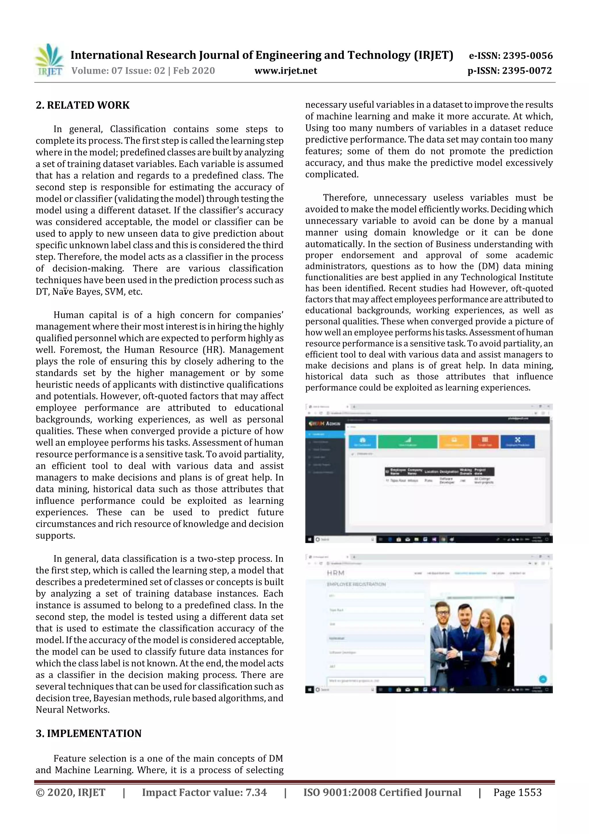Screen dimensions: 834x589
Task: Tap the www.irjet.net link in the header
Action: [286, 71]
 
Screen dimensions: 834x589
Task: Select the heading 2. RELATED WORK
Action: [83, 105]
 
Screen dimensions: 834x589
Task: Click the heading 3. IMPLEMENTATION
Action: [89, 733]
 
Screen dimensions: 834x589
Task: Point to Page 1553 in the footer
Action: [517, 792]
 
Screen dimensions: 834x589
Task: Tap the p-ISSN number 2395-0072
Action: [527, 71]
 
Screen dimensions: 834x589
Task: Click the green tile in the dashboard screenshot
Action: [408, 441]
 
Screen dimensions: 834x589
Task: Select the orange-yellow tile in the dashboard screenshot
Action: [454, 441]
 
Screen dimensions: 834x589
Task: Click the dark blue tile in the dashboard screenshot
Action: [517, 441]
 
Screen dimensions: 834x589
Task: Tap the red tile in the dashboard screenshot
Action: [485, 441]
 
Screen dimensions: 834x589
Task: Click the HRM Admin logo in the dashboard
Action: [324, 423]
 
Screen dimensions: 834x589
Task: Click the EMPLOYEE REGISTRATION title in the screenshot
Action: [356, 584]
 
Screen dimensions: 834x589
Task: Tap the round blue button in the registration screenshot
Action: [543, 679]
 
